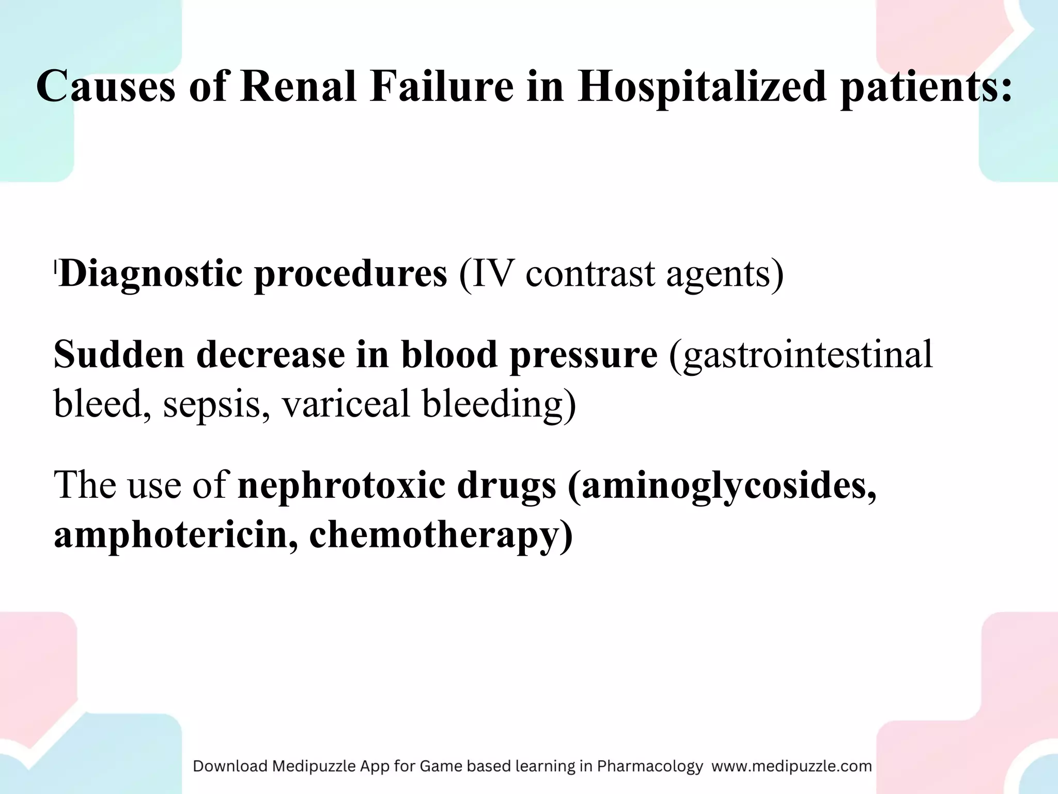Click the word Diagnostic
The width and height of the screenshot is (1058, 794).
[150, 274]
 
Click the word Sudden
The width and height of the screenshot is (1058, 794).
[119, 355]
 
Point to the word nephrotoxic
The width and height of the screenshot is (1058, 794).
[341, 486]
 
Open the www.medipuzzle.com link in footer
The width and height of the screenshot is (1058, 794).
[791, 766]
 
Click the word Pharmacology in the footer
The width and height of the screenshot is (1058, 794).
[650, 766]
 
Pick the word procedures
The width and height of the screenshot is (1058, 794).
[351, 274]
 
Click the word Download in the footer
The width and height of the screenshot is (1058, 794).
[230, 766]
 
